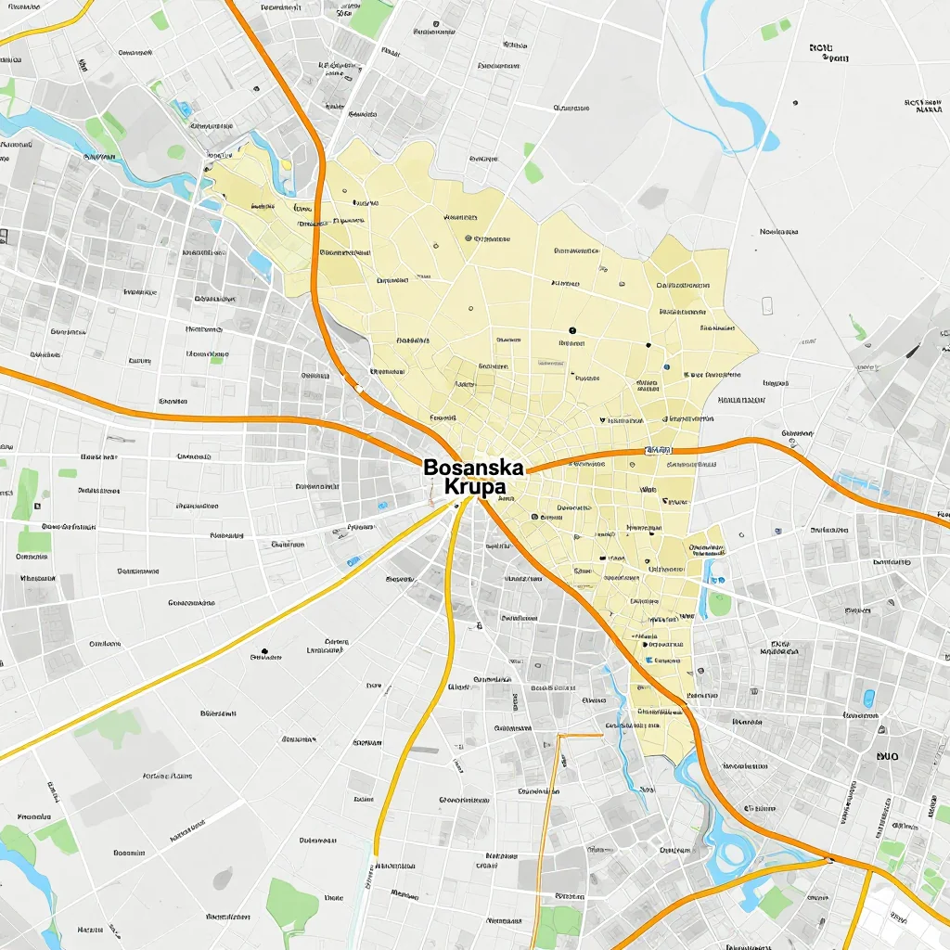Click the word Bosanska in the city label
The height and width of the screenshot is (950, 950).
tap(473, 468)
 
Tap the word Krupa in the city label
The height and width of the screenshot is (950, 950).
tap(475, 487)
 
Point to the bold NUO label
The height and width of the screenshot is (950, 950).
tap(887, 756)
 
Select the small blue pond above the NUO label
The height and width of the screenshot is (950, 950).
tap(869, 698)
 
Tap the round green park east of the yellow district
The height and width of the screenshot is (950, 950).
tap(720, 604)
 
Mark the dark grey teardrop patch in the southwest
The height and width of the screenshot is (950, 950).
tap(223, 877)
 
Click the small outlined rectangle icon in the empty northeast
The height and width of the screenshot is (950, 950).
tap(767, 305)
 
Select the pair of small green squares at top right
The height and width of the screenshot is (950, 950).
tap(776, 30)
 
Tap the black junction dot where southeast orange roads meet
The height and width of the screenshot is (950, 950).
tap(830, 860)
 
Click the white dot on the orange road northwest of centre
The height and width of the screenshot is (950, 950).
tap(356, 387)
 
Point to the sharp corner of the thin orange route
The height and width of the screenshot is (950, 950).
tap(559, 736)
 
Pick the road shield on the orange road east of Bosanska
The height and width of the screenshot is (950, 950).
tap(656, 451)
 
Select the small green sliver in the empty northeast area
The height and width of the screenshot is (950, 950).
tap(858, 329)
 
